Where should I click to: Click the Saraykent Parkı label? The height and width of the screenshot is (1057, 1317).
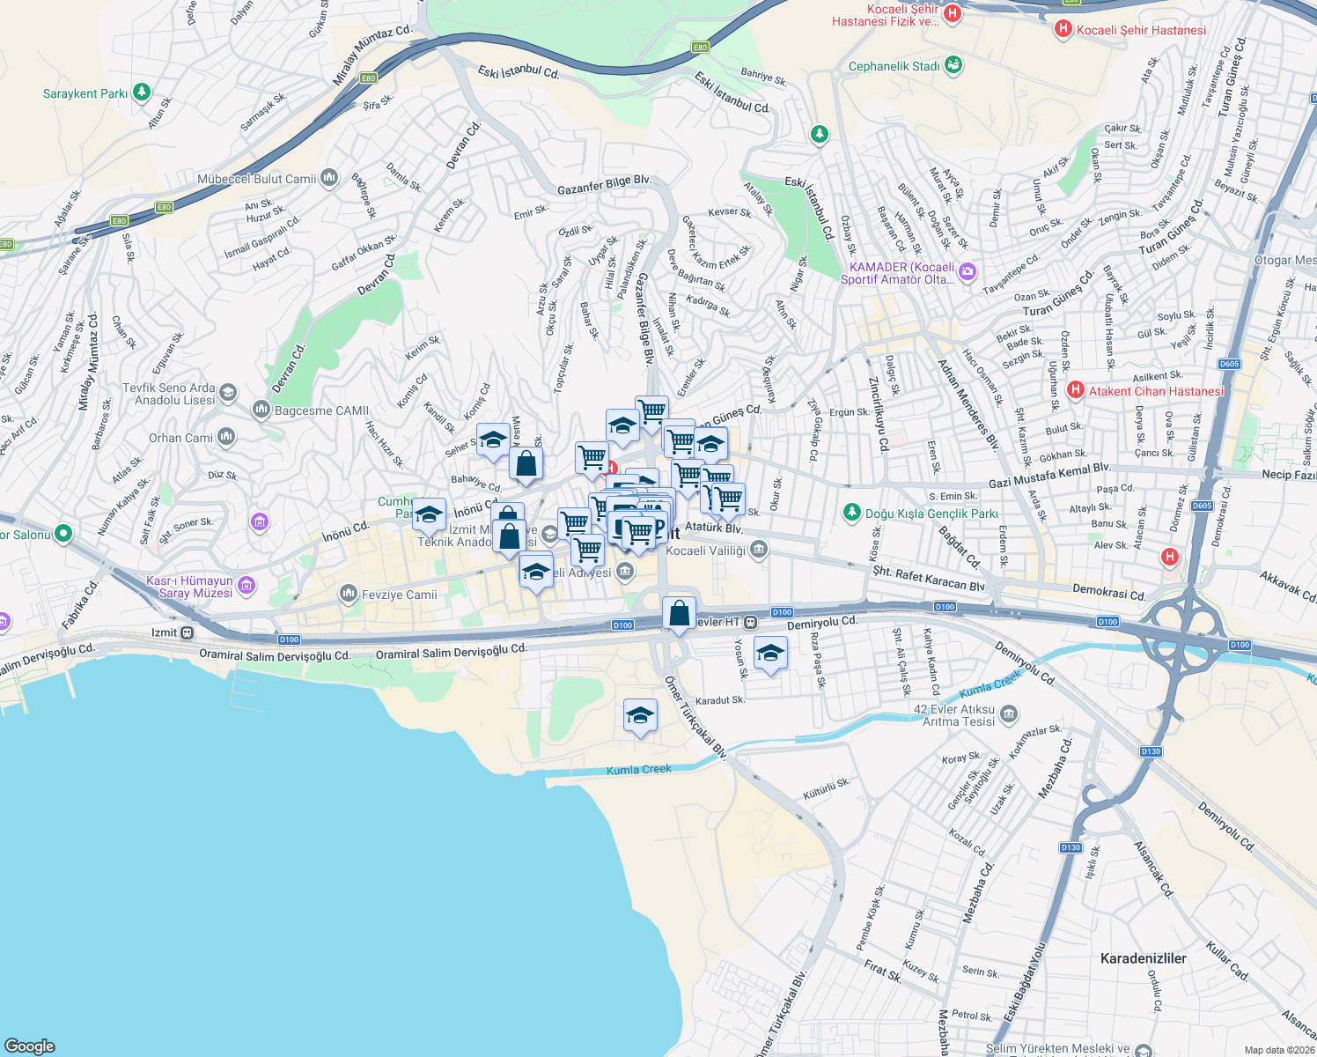pos(85,93)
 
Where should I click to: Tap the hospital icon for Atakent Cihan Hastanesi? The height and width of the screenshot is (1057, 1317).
pos(1074,390)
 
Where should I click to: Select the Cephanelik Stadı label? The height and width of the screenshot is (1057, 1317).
pos(894,66)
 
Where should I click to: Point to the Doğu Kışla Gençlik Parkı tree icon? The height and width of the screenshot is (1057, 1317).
pos(851,513)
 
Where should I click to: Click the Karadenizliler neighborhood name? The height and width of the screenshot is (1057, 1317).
pos(1143,958)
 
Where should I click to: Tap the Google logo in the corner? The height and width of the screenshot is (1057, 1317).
pos(29,1046)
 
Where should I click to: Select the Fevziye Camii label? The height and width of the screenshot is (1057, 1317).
pos(399,595)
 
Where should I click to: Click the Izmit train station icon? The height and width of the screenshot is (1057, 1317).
pos(188,632)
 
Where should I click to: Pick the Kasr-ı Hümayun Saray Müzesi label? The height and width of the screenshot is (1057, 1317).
pos(189,587)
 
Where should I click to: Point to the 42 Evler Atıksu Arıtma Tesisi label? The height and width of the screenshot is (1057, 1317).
pos(954,715)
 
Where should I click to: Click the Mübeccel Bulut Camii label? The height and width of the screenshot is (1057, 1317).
pos(256,179)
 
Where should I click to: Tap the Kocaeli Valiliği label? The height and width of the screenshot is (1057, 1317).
pos(705,551)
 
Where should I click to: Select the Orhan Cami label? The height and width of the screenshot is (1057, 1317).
pos(180,438)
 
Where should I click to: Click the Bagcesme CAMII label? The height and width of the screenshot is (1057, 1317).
pos(321,410)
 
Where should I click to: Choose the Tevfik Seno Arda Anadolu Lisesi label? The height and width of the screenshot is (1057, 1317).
pos(168,394)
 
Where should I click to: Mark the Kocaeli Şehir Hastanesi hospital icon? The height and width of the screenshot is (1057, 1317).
pos(1063,29)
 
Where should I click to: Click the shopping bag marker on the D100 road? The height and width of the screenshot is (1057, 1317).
pos(679,613)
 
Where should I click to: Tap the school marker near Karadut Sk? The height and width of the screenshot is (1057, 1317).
pos(640,715)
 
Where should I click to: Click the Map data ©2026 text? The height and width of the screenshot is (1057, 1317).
pos(1279,1050)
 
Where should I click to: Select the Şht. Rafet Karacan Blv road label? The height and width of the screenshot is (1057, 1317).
pos(928,579)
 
